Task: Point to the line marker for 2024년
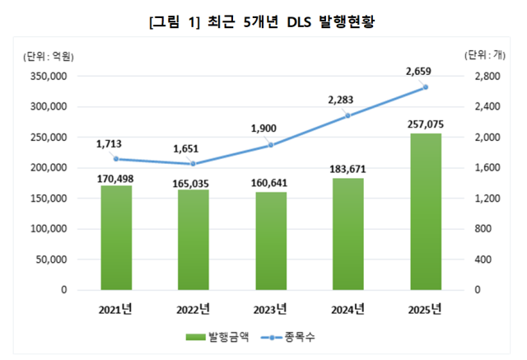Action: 348,115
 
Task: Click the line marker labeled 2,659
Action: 426,86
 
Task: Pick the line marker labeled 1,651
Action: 194,164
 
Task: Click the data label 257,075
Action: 425,124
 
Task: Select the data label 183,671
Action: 347,168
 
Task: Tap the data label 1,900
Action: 271,129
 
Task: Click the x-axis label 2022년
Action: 194,310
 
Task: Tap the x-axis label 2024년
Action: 348,310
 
